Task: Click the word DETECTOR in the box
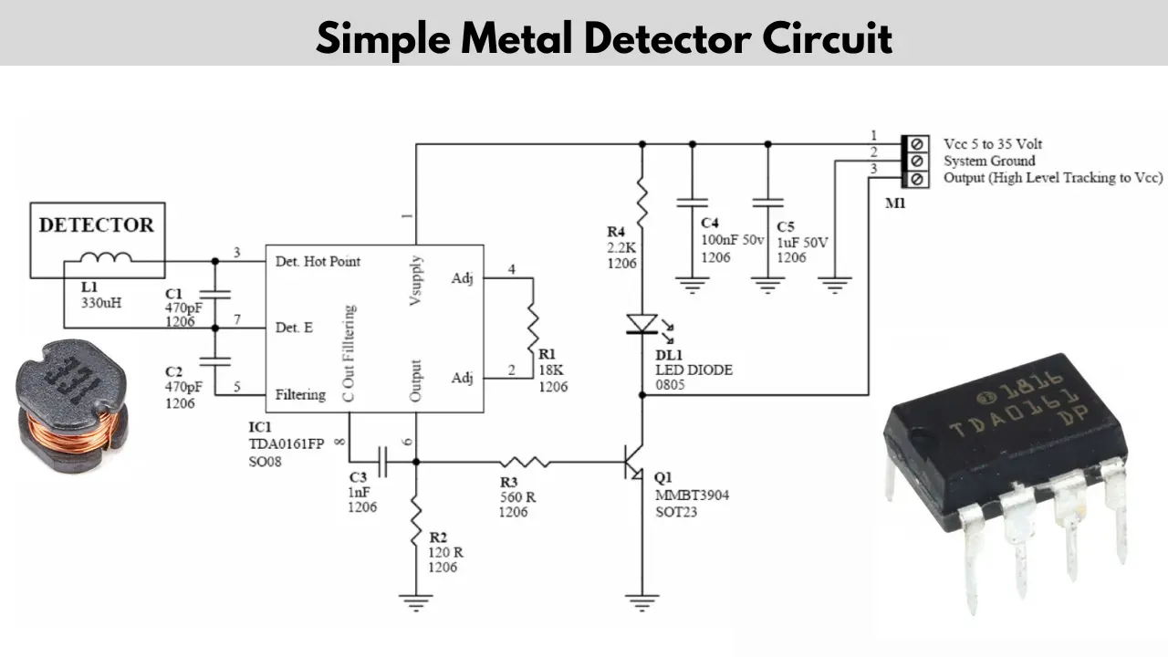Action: (97, 225)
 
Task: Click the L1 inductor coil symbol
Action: (106, 257)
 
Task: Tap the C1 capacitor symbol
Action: (214, 295)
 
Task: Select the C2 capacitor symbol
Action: (214, 361)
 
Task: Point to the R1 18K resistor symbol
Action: (533, 328)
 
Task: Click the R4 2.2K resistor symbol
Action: (641, 202)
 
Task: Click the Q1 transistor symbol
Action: (633, 462)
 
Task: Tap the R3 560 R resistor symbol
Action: (525, 462)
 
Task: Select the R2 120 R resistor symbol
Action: (416, 521)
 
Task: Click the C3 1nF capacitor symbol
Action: (382, 462)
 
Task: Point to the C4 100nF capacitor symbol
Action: (692, 203)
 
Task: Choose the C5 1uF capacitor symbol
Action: (767, 203)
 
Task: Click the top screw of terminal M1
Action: (917, 144)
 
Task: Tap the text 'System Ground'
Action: (989, 162)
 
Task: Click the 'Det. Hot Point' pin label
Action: (318, 261)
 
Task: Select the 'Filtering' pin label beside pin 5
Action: (300, 395)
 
